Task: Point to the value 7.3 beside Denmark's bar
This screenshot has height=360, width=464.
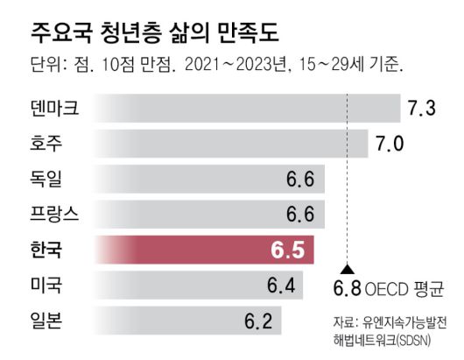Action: pyautogui.click(x=420, y=109)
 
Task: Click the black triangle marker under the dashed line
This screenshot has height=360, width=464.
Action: pyautogui.click(x=348, y=270)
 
